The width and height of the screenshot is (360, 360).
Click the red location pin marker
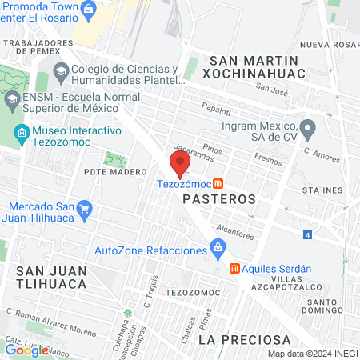[179, 165]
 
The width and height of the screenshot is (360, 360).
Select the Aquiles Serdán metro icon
[234, 269]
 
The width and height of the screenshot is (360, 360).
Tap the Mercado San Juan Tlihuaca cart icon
[86, 209]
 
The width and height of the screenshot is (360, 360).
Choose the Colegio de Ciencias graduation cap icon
[61, 74]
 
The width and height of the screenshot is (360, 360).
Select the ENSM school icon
[11, 101]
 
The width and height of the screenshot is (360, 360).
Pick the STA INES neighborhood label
[322, 191]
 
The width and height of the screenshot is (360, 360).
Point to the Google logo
[26, 350]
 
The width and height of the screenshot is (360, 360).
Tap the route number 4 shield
[307, 235]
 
